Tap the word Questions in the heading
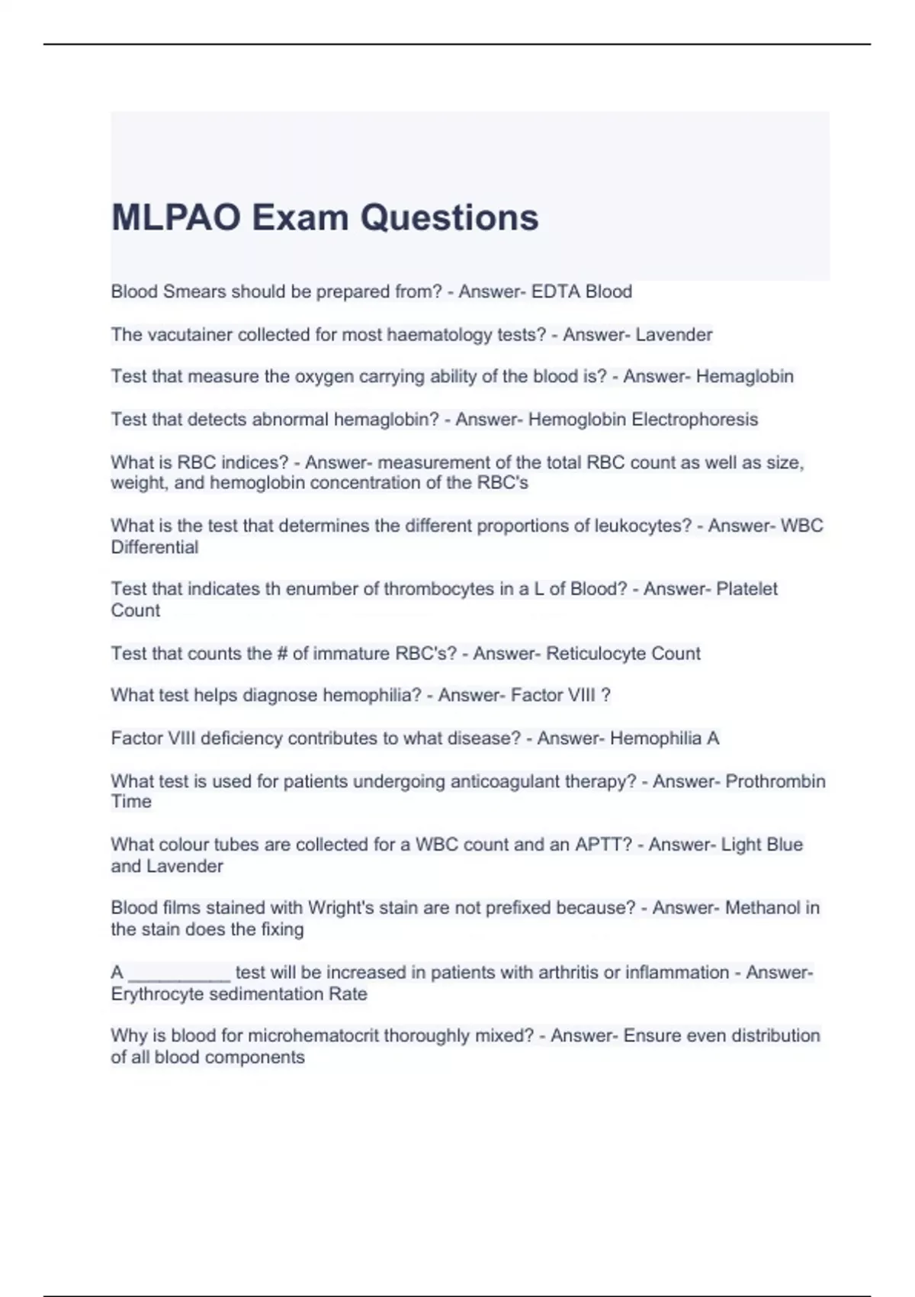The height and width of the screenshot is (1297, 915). click(449, 217)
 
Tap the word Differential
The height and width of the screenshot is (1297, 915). click(155, 547)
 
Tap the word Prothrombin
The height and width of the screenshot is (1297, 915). click(775, 781)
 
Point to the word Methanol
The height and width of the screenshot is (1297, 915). click(759, 908)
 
